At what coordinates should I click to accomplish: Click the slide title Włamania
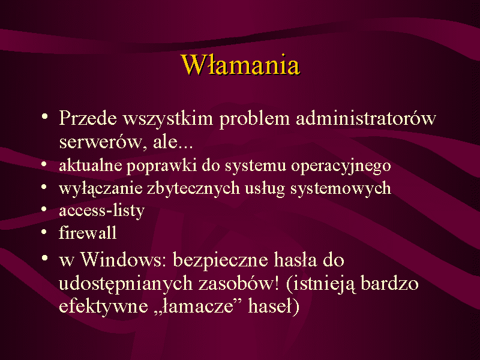pyautogui.click(x=241, y=65)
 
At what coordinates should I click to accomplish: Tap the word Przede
pyautogui.click(x=88, y=118)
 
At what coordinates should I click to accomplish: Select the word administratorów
pyautogui.click(x=366, y=118)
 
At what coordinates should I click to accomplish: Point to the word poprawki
pyautogui.click(x=161, y=166)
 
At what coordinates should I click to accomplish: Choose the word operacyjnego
pyautogui.click(x=341, y=166)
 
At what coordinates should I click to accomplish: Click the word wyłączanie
pyautogui.click(x=101, y=188)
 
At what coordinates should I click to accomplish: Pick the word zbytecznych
pyautogui.click(x=193, y=188)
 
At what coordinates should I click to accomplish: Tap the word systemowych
pyautogui.click(x=341, y=188)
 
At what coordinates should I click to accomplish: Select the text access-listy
pyautogui.click(x=101, y=211)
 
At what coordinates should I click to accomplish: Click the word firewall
pyautogui.click(x=88, y=233)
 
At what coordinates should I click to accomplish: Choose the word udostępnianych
pyautogui.click(x=126, y=284)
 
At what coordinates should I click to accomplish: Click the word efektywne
pyautogui.click(x=103, y=307)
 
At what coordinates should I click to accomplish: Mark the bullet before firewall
pyautogui.click(x=44, y=232)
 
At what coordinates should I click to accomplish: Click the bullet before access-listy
pyautogui.click(x=44, y=209)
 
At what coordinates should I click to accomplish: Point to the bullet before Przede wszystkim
pyautogui.click(x=44, y=116)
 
